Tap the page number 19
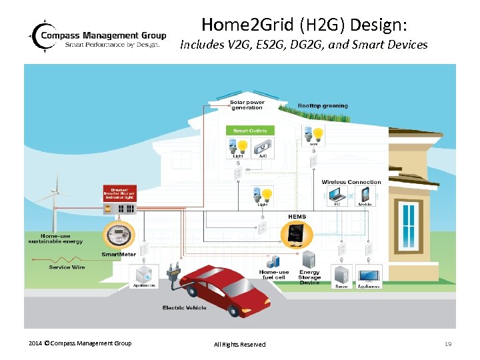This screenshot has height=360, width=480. tap(447, 343)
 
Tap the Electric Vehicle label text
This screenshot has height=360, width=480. tap(185, 307)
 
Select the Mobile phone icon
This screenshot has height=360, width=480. tap(365, 195)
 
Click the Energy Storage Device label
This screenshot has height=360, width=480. tap(309, 277)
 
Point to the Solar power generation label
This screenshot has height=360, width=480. tap(247, 105)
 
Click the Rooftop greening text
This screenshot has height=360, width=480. tap(323, 105)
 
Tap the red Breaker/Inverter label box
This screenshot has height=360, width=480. tap(119, 193)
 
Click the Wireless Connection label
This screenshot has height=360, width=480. tap(351, 182)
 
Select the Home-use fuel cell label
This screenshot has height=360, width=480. tap(274, 275)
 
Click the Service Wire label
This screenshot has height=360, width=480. tap(67, 267)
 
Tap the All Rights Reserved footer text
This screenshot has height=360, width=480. tap(239, 344)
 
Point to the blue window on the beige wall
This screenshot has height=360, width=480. tap(407, 223)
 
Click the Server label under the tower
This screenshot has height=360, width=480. tap(341, 286)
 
